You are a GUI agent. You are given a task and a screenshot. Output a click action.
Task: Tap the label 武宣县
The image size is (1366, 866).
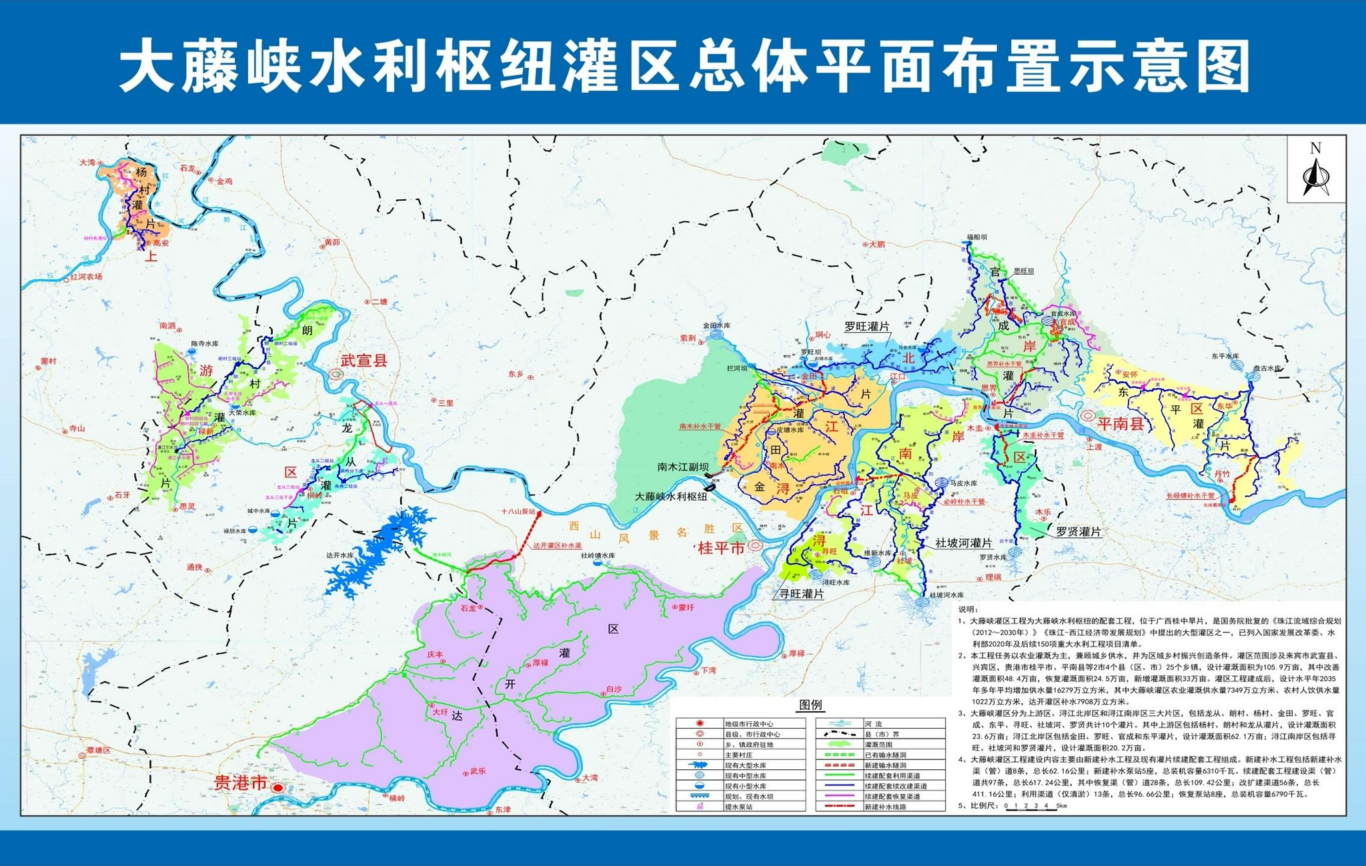364,361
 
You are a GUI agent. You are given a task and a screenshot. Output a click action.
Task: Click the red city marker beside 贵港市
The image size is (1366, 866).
278,787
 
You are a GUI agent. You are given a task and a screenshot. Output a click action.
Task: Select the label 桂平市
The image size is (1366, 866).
720,548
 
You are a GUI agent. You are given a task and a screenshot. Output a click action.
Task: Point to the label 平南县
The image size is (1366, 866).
1121,423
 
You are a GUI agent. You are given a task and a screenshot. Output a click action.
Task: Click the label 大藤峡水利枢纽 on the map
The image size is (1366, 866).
670,497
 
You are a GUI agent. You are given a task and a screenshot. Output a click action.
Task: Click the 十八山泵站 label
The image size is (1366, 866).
518,511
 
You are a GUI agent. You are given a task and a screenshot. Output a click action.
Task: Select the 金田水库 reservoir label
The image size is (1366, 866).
716,325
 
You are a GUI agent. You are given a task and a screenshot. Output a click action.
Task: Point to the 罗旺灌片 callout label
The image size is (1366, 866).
867,327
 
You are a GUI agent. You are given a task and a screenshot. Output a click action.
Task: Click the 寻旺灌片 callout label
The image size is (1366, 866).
802,593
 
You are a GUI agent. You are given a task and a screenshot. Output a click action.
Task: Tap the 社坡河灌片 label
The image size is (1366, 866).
963,543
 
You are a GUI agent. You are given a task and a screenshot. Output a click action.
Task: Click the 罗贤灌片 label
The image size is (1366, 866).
1078,532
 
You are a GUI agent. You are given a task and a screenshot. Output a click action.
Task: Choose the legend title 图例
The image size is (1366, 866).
810,705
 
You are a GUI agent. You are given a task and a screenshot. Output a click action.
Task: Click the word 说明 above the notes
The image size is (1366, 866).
967,609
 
